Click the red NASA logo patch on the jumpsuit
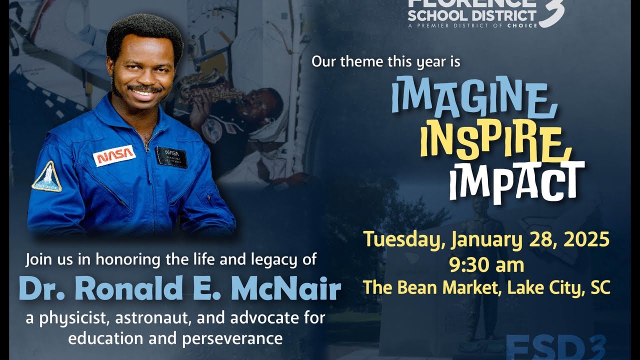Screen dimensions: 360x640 (114, 156)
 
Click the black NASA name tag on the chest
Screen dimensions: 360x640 (171, 156)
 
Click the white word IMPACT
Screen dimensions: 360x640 (516, 181)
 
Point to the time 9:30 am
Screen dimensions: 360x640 (486, 264)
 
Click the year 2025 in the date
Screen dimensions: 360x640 (586, 240)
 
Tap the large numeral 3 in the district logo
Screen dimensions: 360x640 (552, 12)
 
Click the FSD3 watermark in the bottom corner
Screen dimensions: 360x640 (555, 347)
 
